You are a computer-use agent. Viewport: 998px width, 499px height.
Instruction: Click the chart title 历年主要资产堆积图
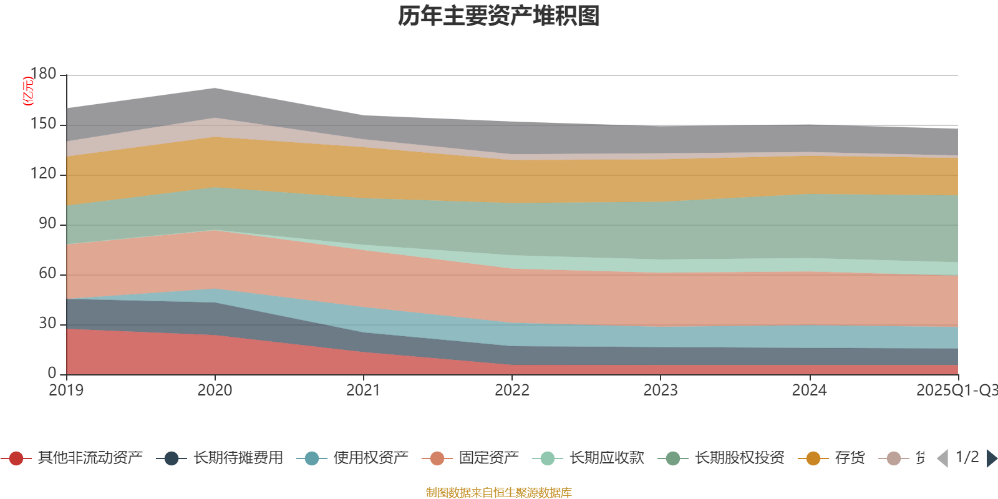pyautogui.click(x=499, y=16)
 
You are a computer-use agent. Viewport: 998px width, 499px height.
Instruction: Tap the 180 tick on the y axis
pyautogui.click(x=43, y=74)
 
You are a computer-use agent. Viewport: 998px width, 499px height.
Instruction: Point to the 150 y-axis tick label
pyautogui.click(x=43, y=124)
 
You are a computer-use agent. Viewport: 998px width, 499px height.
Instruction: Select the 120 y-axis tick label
pyautogui.click(x=43, y=174)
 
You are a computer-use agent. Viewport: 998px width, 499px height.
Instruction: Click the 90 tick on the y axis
pyautogui.click(x=47, y=224)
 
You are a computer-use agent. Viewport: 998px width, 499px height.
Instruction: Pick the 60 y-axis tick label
pyautogui.click(x=47, y=274)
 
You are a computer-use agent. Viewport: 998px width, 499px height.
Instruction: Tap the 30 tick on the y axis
pyautogui.click(x=47, y=324)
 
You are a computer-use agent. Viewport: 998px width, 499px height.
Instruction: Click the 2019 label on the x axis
pyautogui.click(x=66, y=390)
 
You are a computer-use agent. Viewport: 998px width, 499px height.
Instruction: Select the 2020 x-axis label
pyautogui.click(x=215, y=390)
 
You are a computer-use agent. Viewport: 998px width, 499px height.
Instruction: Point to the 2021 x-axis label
pyautogui.click(x=363, y=390)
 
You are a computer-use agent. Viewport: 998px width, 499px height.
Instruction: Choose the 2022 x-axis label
pyautogui.click(x=511, y=390)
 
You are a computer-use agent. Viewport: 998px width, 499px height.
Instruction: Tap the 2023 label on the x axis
pyautogui.click(x=661, y=390)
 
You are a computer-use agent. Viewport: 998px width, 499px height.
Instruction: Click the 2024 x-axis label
pyautogui.click(x=809, y=390)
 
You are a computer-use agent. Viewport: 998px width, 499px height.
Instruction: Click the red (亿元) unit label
pyautogui.click(x=27, y=91)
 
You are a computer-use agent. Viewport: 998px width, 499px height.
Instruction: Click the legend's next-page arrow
pyautogui.click(x=991, y=458)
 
